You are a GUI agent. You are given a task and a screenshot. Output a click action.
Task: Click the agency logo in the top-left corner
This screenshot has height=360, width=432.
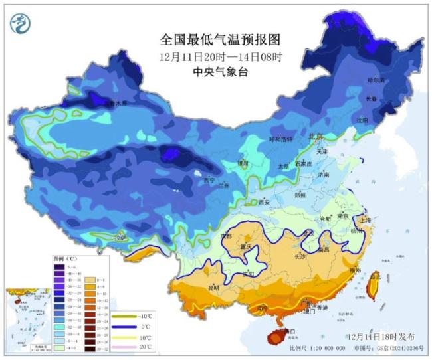tap(21, 23)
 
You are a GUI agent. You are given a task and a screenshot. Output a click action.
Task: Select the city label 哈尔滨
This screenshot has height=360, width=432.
tap(376, 80)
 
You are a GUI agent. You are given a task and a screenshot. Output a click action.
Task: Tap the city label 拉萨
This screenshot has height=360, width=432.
tap(120, 236)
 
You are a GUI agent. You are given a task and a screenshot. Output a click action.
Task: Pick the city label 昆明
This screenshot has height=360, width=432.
tap(213, 288)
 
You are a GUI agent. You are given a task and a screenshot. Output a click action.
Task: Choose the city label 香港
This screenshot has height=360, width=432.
tap(322, 309)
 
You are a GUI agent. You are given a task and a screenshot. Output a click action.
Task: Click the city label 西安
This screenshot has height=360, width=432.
tap(265, 202)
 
